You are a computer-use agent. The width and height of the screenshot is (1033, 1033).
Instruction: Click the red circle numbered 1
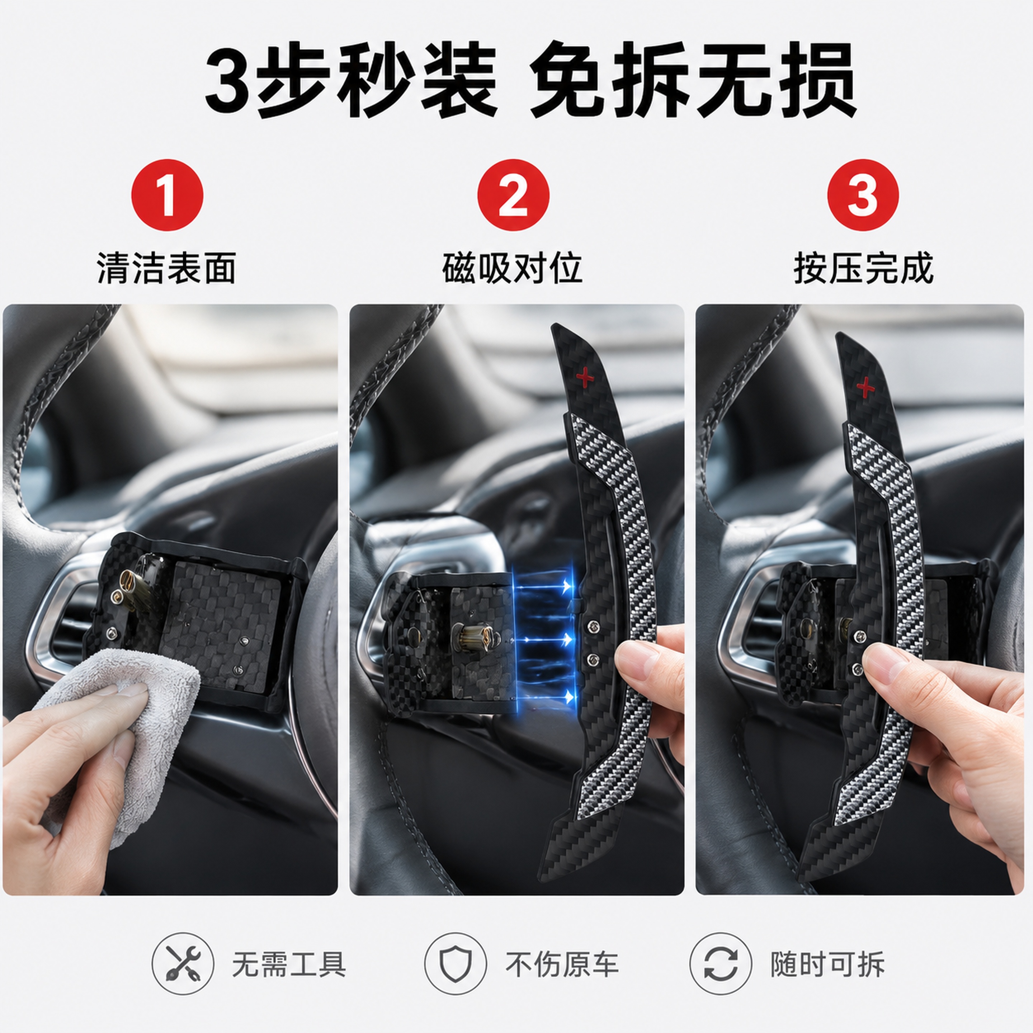tap(168, 195)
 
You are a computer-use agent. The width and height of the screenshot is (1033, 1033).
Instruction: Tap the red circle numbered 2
tap(513, 195)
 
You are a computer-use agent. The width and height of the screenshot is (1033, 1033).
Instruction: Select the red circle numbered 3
tap(863, 195)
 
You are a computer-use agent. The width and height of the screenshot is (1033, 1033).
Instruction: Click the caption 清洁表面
tap(167, 268)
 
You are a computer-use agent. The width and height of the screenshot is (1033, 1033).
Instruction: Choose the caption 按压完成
tap(863, 268)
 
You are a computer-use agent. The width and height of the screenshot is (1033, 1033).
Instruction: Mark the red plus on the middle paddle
tap(585, 377)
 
